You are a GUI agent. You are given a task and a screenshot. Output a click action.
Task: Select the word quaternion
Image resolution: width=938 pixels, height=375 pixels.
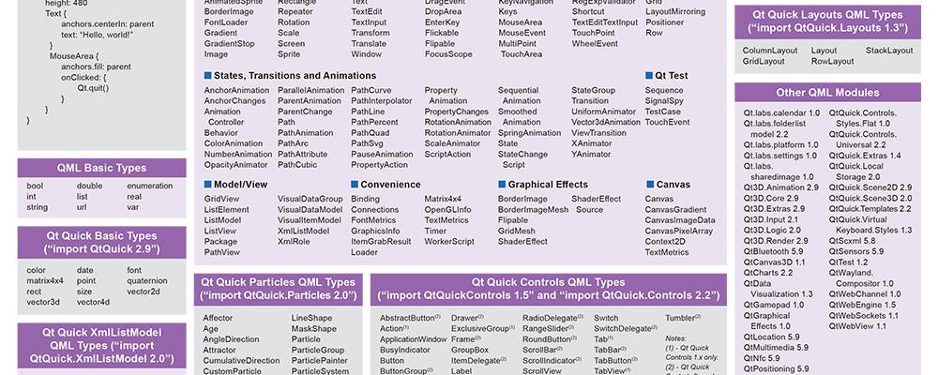point(148,280)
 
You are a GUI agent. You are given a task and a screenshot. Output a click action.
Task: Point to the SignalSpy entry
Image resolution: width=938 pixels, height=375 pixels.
point(664,100)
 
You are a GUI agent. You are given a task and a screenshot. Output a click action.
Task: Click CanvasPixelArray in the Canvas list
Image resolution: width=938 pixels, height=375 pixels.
point(679,231)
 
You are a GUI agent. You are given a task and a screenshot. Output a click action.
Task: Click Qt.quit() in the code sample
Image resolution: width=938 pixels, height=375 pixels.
point(93,87)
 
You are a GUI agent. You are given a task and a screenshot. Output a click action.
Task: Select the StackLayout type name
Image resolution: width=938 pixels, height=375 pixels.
point(889,51)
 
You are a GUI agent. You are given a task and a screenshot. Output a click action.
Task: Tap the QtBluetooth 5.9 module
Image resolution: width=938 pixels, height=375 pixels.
point(775,251)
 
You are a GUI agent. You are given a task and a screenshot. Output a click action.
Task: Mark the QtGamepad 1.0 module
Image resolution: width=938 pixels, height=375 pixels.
point(774,305)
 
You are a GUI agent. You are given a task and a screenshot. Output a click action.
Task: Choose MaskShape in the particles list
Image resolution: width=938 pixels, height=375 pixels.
point(313,329)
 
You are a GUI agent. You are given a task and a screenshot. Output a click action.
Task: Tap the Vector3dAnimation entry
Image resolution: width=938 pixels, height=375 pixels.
point(606,122)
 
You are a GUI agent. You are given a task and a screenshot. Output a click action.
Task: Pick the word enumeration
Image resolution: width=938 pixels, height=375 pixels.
point(149,186)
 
